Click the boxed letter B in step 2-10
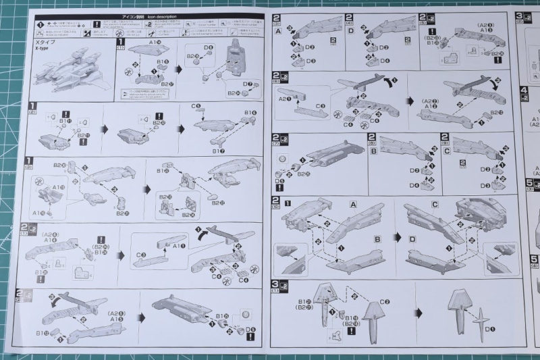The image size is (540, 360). pos(378,238)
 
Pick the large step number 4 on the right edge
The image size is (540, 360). pos(524,90)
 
